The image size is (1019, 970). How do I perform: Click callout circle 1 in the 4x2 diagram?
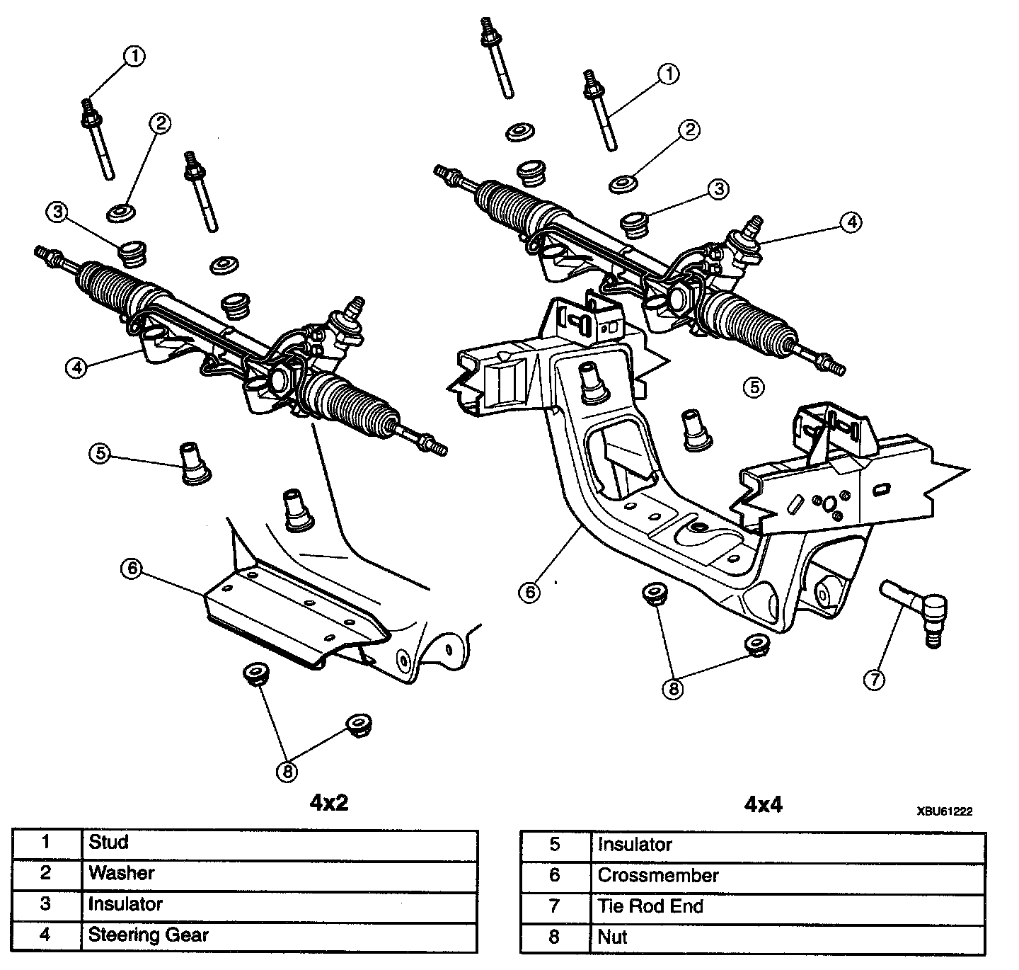tap(134, 56)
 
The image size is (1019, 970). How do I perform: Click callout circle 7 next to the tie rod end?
tap(874, 680)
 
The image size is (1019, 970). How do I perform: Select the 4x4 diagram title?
tap(764, 804)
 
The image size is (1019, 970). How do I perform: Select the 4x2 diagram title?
tap(329, 802)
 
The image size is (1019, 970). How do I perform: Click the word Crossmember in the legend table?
tap(658, 875)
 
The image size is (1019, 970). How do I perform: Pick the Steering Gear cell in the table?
tap(148, 935)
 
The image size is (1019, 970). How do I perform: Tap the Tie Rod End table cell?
tap(650, 906)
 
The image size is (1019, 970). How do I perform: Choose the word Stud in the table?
tap(108, 842)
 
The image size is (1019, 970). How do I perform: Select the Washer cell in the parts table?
tap(121, 873)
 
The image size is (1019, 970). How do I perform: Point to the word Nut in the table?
tap(613, 937)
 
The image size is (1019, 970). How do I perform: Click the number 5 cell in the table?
tap(554, 844)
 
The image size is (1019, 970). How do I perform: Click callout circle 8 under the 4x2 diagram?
tap(287, 772)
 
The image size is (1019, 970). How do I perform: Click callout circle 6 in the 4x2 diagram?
tap(130, 569)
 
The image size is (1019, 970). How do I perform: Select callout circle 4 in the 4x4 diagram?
tap(851, 222)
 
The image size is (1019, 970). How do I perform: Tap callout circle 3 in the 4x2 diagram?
tap(57, 211)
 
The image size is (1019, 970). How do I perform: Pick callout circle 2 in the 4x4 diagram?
tap(689, 130)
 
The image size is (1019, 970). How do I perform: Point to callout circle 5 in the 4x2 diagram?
tap(100, 453)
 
